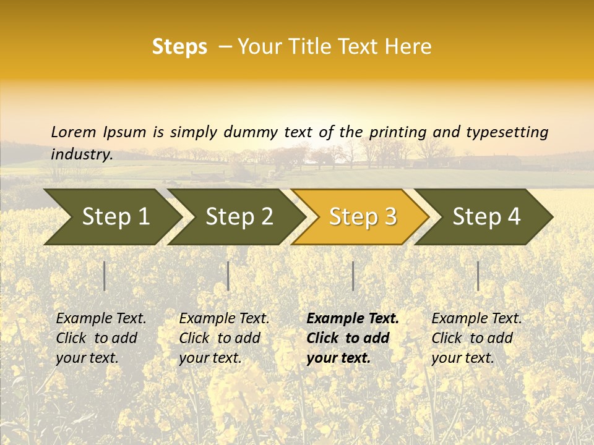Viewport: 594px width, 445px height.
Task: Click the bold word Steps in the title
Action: pyautogui.click(x=179, y=47)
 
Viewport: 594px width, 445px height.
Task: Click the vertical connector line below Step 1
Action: pyautogui.click(x=105, y=276)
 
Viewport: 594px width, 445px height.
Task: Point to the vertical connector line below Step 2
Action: pyautogui.click(x=228, y=276)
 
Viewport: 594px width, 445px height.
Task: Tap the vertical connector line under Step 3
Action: pyautogui.click(x=353, y=276)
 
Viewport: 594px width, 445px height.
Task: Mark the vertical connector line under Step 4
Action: pyautogui.click(x=478, y=276)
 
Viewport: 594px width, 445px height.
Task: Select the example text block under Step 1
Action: pyautogui.click(x=100, y=338)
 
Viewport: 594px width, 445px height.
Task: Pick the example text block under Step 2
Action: pyautogui.click(x=223, y=338)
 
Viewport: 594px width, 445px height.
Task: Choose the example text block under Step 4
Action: pyautogui.click(x=476, y=338)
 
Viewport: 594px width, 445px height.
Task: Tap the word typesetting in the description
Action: pyautogui.click(x=507, y=132)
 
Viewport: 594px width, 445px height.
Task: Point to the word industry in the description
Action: pyautogui.click(x=81, y=155)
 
